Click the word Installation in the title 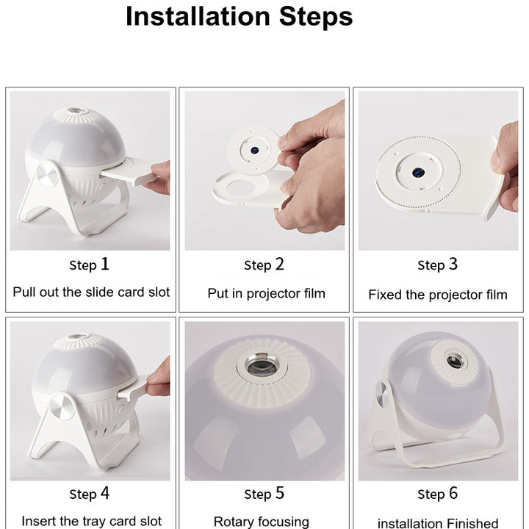(x=198, y=16)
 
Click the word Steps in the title (x=316, y=16)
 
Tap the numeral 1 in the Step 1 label (x=105, y=264)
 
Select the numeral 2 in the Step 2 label (x=279, y=264)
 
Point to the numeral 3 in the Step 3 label (x=453, y=264)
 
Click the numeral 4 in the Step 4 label (x=105, y=493)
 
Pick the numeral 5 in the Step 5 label (x=280, y=493)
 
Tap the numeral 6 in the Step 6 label (x=453, y=493)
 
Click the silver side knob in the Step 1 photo (x=46, y=173)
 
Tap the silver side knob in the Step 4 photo (x=61, y=406)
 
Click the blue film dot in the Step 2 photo (x=255, y=150)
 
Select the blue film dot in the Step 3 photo (x=418, y=173)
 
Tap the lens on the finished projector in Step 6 (x=455, y=361)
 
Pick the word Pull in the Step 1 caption (x=24, y=292)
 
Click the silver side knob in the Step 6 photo (x=382, y=395)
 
